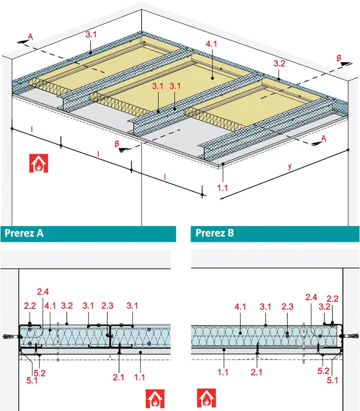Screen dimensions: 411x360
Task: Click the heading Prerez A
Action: point(24,233)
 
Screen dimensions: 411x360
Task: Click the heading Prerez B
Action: point(215,233)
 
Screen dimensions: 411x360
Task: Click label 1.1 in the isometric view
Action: point(222,188)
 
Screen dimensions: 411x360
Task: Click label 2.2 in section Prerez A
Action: point(30,306)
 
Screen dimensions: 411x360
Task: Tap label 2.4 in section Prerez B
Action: point(312,297)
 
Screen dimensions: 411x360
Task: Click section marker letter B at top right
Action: point(338,59)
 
